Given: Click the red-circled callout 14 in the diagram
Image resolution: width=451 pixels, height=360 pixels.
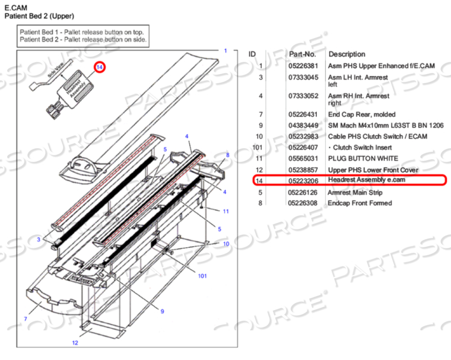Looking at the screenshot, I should click(100, 68).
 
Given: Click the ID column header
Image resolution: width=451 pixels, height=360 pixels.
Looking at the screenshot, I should click(252, 54).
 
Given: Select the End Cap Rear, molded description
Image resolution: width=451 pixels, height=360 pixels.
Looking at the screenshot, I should click(361, 114).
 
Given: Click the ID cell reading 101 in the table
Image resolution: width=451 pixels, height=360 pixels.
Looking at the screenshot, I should click(257, 148).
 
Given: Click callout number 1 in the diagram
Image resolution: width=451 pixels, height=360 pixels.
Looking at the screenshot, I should click(225, 51).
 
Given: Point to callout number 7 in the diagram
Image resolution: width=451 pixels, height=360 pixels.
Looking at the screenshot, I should click(26, 319).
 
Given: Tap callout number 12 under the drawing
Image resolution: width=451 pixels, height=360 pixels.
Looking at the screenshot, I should click(75, 343).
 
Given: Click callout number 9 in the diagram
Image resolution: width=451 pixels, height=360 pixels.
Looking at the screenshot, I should click(161, 311).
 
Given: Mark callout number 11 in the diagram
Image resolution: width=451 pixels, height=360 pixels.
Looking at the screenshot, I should click(225, 211).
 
